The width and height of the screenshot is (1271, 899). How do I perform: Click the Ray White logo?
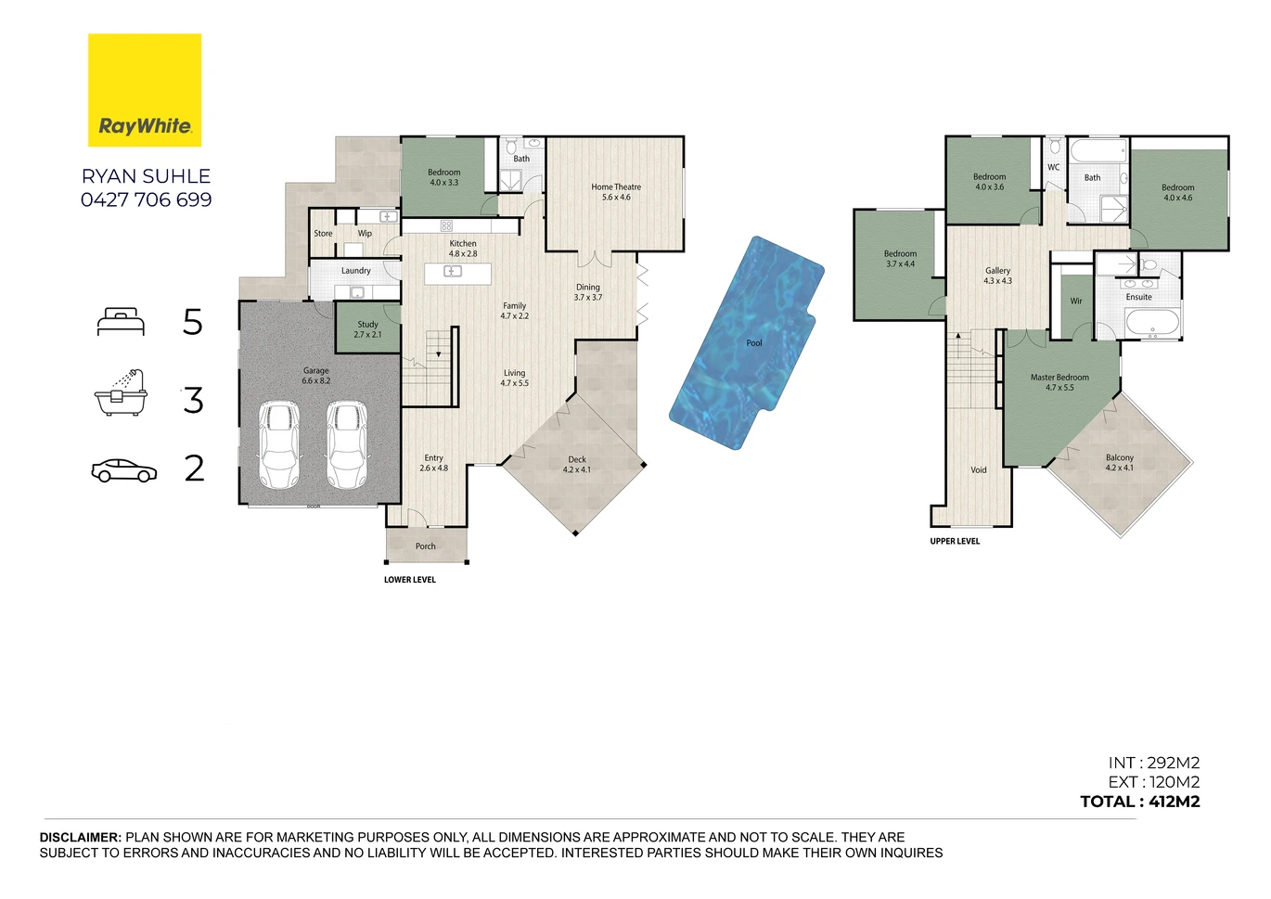[145, 90]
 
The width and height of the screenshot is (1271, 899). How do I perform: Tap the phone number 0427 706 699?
[146, 199]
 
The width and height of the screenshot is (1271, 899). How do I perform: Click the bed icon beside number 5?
[121, 322]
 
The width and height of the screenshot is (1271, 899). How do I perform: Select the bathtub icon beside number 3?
[121, 392]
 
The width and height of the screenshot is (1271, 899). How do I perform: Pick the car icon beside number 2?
[123, 470]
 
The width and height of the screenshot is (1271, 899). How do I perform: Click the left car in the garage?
[279, 445]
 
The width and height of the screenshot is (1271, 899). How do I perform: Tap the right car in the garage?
[347, 445]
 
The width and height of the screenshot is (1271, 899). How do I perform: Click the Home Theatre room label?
[616, 192]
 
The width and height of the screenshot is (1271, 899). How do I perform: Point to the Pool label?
[754, 342]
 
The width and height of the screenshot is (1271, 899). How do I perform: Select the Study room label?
[367, 329]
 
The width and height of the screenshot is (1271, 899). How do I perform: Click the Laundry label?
[355, 271]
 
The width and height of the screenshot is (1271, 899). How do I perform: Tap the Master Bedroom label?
[1059, 382]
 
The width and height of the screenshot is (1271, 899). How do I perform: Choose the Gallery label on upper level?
[997, 276]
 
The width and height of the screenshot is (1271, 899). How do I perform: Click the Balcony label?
[1120, 463]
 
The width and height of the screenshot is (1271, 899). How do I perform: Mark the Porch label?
[426, 546]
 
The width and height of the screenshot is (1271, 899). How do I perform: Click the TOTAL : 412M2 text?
[1140, 802]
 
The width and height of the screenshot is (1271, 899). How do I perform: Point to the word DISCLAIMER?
[81, 837]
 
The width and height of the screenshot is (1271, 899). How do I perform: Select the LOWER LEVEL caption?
[410, 580]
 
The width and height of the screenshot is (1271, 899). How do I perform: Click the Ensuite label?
[1138, 297]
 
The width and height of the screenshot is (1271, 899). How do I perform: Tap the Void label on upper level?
[978, 470]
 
